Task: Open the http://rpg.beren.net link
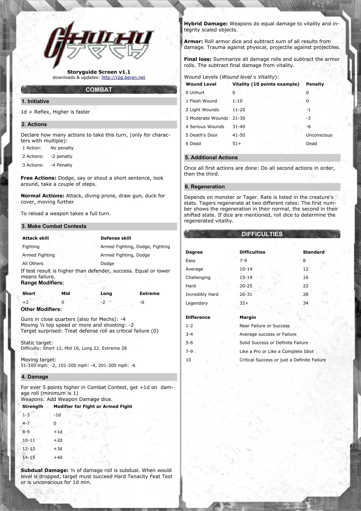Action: click(123, 77)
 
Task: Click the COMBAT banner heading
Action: click(99, 90)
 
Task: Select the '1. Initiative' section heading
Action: click(35, 101)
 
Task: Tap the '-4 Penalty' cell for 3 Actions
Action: click(61, 165)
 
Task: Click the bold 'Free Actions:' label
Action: click(38, 178)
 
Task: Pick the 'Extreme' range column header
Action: click(149, 293)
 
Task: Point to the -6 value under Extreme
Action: click(142, 302)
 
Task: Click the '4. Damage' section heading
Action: click(35, 377)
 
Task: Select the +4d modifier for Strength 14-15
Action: click(58, 457)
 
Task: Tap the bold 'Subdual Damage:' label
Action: click(44, 470)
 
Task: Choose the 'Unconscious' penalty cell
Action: click(319, 135)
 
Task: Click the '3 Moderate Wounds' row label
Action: click(207, 118)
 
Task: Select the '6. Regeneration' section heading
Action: click(205, 187)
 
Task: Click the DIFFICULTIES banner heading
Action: click(262, 234)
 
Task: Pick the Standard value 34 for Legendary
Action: click(305, 303)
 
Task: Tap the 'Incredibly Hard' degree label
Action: click(202, 294)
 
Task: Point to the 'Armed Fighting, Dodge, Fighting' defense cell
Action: click(135, 247)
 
